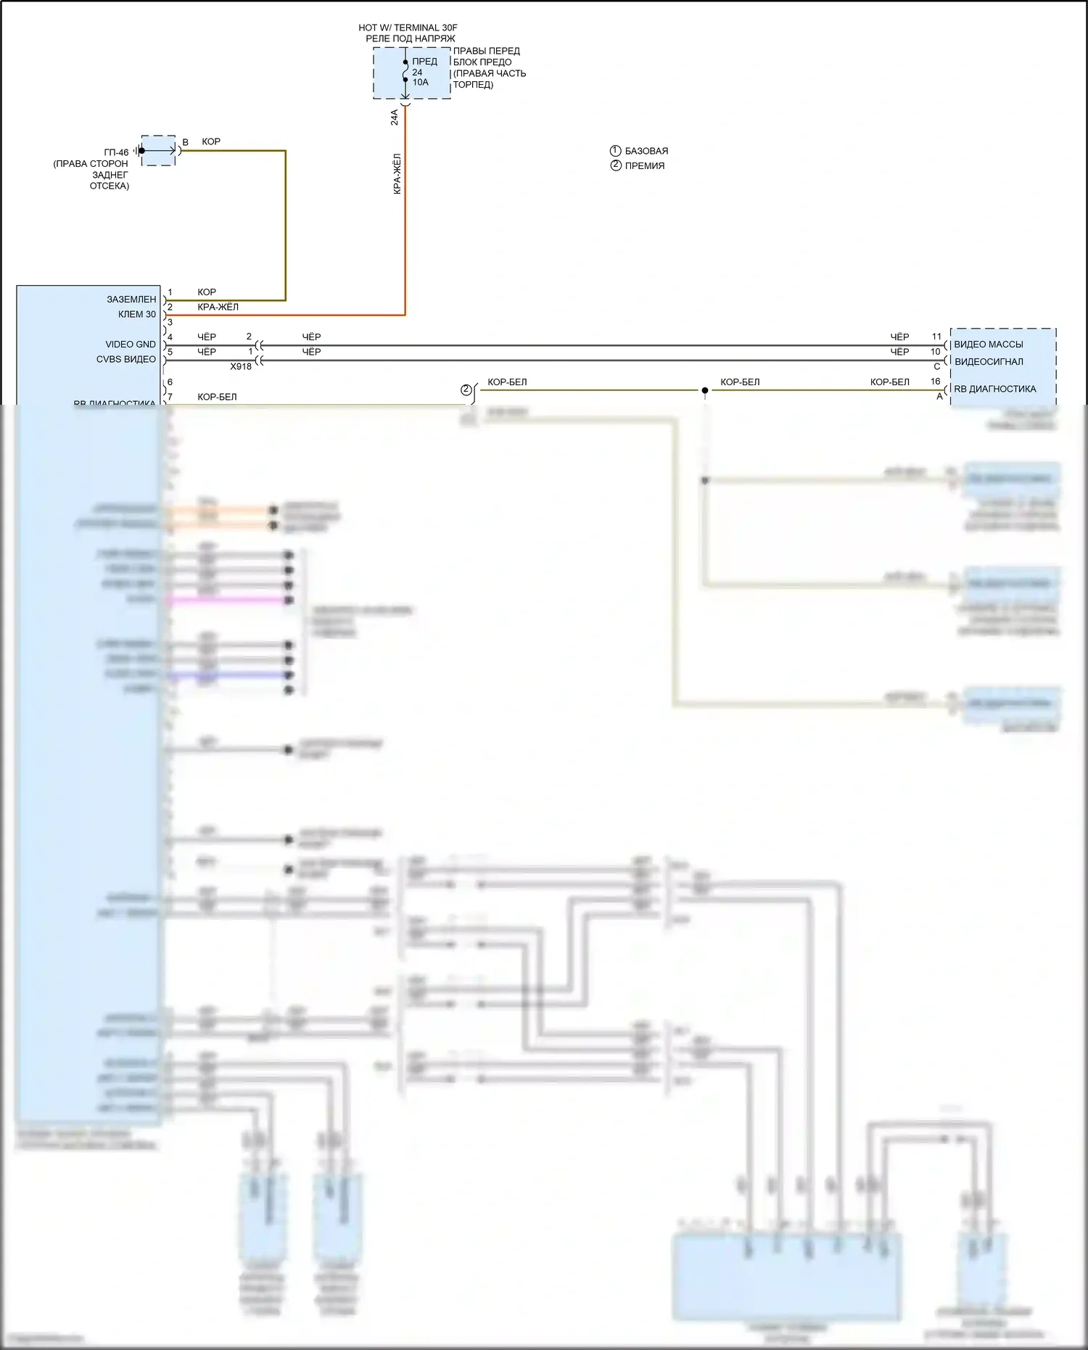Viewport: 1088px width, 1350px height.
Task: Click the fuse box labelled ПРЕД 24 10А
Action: tap(411, 73)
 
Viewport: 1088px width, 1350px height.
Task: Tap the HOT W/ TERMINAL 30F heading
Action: tap(408, 28)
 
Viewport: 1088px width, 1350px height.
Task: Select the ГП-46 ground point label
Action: tap(116, 152)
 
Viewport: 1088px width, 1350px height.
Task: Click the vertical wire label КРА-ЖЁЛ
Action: tap(397, 173)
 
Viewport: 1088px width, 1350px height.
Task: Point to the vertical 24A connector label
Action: tap(395, 118)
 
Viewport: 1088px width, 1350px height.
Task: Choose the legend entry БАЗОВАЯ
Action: tap(646, 151)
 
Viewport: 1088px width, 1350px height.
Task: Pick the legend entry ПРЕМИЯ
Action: tap(644, 165)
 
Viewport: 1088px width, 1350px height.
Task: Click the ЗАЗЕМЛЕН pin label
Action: tap(131, 299)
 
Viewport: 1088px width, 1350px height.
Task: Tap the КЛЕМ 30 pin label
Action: tap(137, 314)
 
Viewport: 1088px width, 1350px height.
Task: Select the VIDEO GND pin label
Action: tap(131, 345)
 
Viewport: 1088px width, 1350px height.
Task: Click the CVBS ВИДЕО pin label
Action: tap(126, 359)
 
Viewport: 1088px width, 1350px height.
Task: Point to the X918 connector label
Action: tap(241, 366)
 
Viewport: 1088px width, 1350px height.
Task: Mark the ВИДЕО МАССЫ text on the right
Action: tap(988, 345)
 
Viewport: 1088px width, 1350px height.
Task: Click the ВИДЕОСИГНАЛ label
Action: tap(989, 361)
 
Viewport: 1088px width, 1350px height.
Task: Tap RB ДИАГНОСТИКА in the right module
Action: tap(994, 389)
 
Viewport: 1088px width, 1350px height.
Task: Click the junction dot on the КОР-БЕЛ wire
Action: tap(704, 390)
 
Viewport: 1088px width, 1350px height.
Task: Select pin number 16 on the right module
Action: tap(936, 382)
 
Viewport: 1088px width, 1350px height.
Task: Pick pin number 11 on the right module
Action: tap(936, 337)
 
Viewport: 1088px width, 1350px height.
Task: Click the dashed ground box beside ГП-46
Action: tap(158, 150)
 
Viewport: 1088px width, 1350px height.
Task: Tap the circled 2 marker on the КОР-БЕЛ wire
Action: tap(466, 390)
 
